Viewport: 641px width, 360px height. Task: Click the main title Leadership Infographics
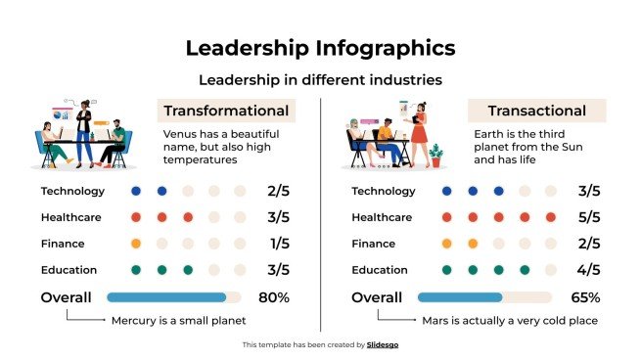320,48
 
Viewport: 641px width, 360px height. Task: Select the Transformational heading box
226,111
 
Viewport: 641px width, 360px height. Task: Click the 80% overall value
273,297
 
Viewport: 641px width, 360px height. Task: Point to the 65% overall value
584,297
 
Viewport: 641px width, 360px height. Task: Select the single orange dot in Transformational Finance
136,244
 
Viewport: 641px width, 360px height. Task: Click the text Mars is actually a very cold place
509,320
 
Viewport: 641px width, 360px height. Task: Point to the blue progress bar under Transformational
166,297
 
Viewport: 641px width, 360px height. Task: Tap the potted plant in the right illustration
435,155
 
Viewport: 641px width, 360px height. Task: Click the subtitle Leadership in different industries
320,78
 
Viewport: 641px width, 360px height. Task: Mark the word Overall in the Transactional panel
377,297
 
